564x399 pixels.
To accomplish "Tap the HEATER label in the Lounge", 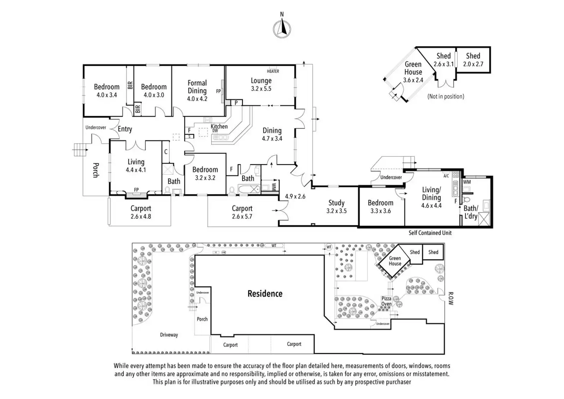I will (x=273, y=71).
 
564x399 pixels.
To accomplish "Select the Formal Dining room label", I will (x=197, y=87).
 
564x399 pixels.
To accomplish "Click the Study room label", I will (x=336, y=203).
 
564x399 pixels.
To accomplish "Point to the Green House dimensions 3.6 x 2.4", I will (x=413, y=80).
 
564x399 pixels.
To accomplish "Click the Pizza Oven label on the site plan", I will (x=386, y=301).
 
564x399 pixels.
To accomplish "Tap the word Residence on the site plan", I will (x=265, y=294).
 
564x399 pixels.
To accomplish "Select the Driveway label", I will (x=169, y=335).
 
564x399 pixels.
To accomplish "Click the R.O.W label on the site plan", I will (x=451, y=299).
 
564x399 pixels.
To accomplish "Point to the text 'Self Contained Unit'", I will (x=430, y=233).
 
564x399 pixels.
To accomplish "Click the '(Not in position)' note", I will (x=446, y=97).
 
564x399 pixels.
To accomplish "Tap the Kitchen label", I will (x=219, y=126).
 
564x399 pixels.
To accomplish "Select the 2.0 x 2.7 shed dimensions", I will (x=473, y=64).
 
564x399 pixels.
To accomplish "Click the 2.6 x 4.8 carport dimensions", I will (x=141, y=217).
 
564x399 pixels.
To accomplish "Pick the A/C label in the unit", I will (x=446, y=176).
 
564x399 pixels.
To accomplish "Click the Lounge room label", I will (x=261, y=81).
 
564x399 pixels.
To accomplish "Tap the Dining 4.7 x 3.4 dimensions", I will (x=272, y=139).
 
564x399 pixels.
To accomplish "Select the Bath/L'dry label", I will (x=471, y=212).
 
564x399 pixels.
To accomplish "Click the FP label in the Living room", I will (x=136, y=190).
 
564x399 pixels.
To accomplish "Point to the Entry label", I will (x=125, y=129).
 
